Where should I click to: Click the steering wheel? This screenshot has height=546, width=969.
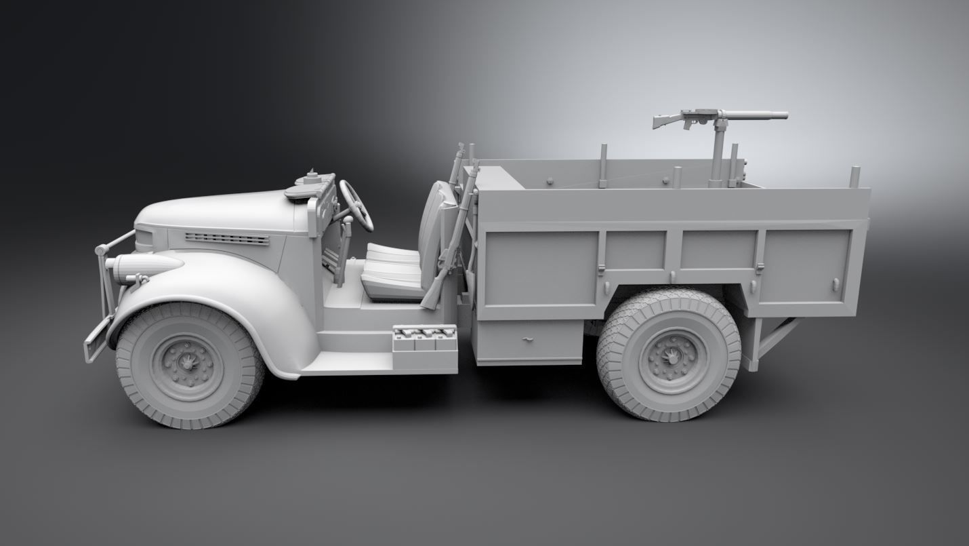(356, 205)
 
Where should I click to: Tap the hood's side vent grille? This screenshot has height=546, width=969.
(226, 239)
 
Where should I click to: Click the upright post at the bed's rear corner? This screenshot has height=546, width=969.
(855, 178)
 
